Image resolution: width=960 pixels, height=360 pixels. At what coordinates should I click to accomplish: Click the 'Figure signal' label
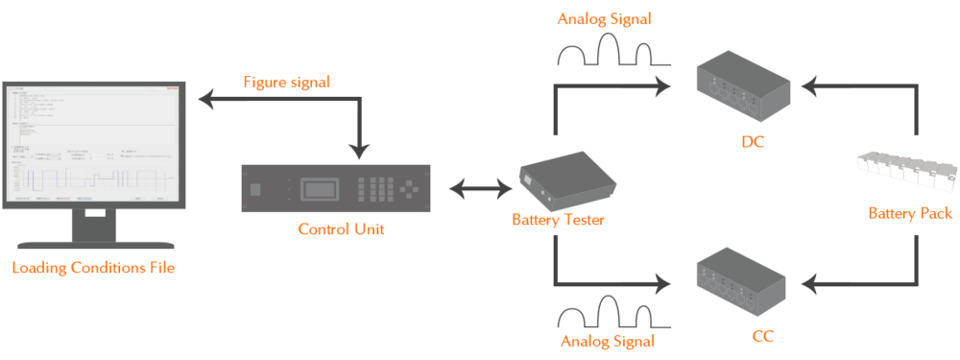285,83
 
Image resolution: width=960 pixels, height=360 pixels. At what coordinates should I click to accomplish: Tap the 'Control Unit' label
341,229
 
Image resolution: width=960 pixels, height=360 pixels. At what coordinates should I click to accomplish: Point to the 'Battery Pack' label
910,213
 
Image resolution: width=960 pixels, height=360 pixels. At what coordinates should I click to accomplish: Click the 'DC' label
752,143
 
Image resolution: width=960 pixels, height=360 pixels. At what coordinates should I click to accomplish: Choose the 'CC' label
752,336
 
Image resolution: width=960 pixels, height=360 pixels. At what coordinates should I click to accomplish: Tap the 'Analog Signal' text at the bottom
608,341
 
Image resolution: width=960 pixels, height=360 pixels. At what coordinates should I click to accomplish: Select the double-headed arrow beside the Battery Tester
477,188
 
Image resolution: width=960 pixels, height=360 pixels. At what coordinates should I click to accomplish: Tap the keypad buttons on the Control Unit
381,188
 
